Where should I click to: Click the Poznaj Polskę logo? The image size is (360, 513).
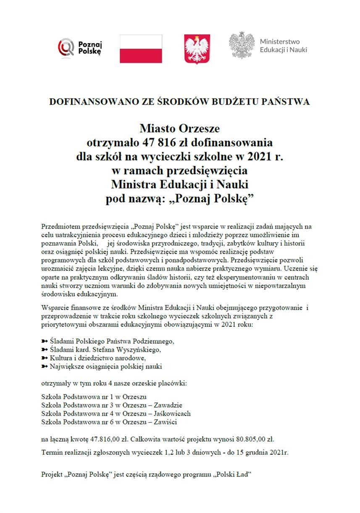pyautogui.click(x=80, y=47)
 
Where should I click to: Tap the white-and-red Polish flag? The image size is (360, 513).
pyautogui.click(x=141, y=49)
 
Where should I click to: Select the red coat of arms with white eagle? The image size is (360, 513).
pyautogui.click(x=197, y=49)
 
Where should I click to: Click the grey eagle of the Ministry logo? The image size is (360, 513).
pyautogui.click(x=242, y=45)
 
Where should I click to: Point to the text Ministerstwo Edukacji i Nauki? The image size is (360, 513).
pyautogui.click(x=283, y=46)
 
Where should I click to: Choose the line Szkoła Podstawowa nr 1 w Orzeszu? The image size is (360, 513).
pyautogui.click(x=94, y=396)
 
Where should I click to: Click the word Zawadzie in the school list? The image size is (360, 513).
pyautogui.click(x=168, y=405)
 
